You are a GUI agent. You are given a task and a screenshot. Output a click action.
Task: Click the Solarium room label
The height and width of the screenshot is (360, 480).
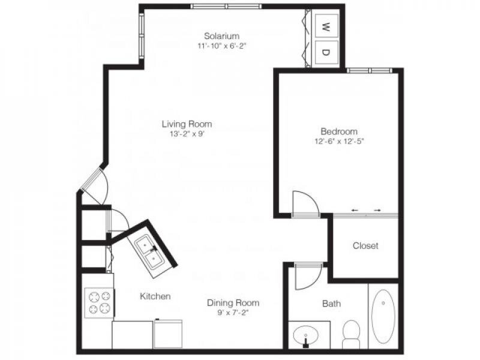pos(221,36)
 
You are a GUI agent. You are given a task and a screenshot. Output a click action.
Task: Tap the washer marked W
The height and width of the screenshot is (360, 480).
pos(326,26)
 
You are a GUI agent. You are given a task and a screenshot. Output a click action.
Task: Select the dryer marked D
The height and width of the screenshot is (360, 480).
pos(326,52)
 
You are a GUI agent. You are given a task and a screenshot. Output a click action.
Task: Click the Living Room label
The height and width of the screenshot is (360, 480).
pos(187,124)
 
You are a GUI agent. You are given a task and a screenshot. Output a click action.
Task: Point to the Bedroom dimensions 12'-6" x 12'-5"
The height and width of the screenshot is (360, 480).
pos(339,142)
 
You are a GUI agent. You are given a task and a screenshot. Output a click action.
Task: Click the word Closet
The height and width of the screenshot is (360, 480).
pos(365,245)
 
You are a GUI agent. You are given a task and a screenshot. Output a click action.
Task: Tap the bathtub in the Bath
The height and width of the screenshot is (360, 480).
pos(383,316)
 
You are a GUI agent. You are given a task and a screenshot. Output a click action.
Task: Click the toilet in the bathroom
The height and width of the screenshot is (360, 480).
pos(351,334)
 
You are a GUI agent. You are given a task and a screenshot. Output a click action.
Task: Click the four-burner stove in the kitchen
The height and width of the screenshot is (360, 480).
pos(99,303)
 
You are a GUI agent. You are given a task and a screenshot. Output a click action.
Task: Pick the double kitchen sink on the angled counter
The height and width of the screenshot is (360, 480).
pos(150,252)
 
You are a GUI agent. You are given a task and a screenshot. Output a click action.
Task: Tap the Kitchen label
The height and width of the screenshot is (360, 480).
pos(155,296)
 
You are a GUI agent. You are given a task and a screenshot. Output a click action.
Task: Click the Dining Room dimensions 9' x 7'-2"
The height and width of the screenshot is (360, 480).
pos(233,313)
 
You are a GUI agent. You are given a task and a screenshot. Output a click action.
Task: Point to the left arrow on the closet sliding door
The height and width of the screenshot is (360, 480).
pos(355,211)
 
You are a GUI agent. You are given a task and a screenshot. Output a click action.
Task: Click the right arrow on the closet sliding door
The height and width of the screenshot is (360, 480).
pos(377,211)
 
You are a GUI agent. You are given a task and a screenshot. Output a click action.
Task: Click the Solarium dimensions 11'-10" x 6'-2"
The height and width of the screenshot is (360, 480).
pos(221,46)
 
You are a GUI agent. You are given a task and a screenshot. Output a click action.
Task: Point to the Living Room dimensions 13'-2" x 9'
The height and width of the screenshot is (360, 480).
pos(187,134)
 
